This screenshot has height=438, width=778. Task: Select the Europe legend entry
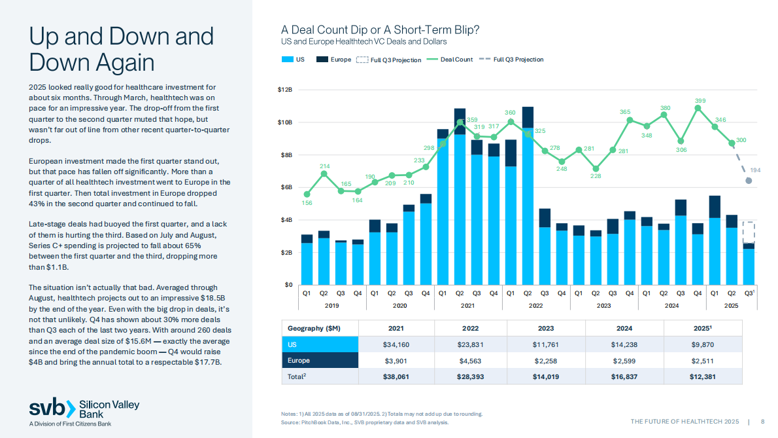334,60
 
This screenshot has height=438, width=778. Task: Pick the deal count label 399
700,100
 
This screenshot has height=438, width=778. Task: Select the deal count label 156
307,203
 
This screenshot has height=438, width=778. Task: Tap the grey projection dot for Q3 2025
749,181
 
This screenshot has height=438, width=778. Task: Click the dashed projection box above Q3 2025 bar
749,232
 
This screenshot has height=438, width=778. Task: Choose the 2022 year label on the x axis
536,306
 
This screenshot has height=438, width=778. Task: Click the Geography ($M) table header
314,327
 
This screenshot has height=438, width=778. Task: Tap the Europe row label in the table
298,360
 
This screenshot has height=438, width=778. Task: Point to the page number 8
763,421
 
